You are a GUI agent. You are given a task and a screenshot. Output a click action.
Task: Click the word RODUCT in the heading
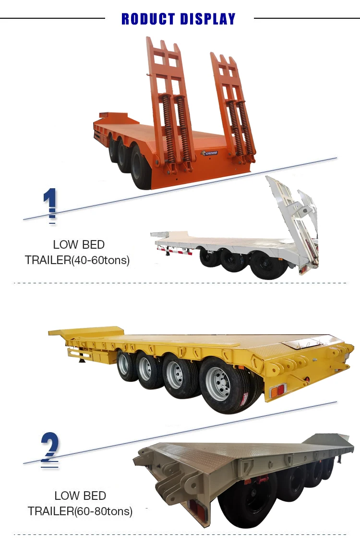(149, 19)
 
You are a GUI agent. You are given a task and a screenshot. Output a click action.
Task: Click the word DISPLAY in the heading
(207, 19)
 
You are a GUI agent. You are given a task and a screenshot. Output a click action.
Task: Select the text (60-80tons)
(103, 511)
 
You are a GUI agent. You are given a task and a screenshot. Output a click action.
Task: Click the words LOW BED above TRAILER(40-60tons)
(79, 244)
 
